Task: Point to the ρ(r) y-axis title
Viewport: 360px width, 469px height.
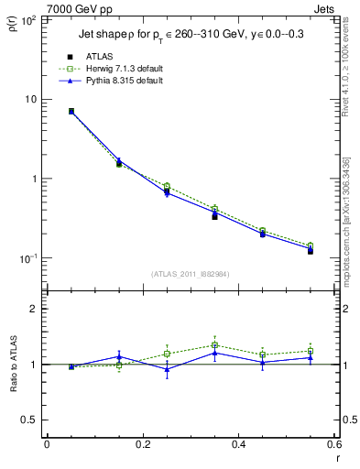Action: (x=12, y=22)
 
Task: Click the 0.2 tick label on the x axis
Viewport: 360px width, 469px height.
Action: (x=142, y=445)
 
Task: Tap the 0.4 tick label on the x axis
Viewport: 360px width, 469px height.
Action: (x=238, y=445)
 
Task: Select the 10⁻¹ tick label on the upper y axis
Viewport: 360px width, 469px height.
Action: (x=29, y=258)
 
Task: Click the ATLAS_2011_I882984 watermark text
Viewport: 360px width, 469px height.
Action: (x=190, y=274)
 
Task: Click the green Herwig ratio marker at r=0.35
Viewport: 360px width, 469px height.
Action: (x=214, y=345)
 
